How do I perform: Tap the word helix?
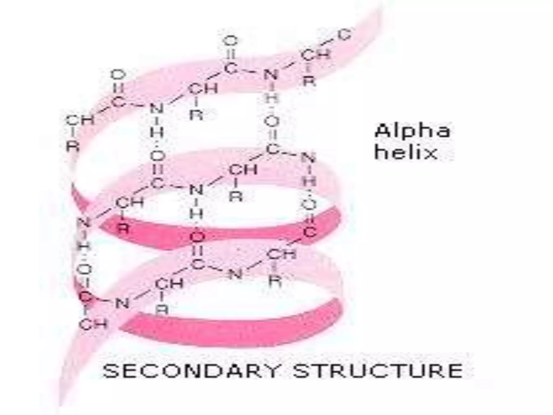[x=406, y=153]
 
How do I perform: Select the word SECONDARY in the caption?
[x=190, y=371]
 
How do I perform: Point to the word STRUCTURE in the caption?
[x=378, y=371]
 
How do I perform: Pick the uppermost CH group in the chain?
[x=315, y=55]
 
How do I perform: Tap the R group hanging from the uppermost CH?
[x=309, y=80]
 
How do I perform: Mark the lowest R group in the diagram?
[x=162, y=309]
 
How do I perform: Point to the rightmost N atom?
[x=308, y=158]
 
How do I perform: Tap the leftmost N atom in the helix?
[x=84, y=223]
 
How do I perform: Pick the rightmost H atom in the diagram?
[x=309, y=181]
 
